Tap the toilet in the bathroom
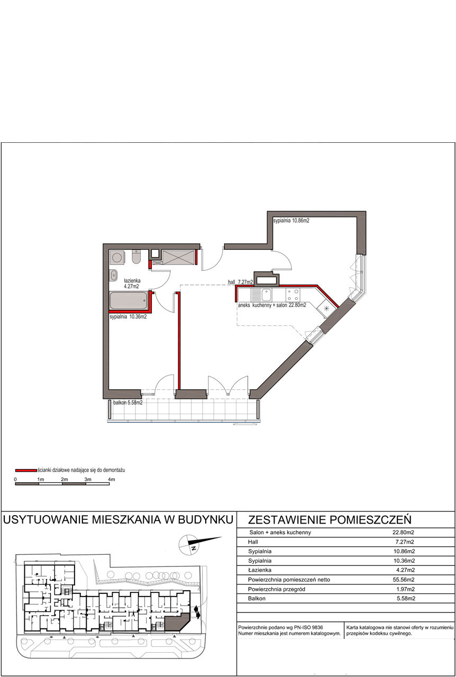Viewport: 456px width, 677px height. (x=136, y=257)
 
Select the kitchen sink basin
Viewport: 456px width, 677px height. (x=267, y=295)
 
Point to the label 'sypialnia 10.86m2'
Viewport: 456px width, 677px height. (x=291, y=221)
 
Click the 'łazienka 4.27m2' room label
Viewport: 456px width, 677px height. (x=132, y=283)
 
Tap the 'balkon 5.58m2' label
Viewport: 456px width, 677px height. (x=128, y=402)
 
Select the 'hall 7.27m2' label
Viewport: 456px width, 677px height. (x=240, y=282)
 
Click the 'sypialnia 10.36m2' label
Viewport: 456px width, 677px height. (x=128, y=317)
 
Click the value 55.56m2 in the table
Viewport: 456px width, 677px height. (x=404, y=580)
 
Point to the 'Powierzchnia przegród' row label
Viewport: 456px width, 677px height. (x=276, y=589)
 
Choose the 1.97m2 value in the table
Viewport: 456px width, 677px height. (x=406, y=589)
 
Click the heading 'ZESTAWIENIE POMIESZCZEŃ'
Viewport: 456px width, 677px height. (x=330, y=520)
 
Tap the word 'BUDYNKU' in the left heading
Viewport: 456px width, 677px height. (x=206, y=519)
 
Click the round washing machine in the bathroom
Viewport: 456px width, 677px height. (x=116, y=258)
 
